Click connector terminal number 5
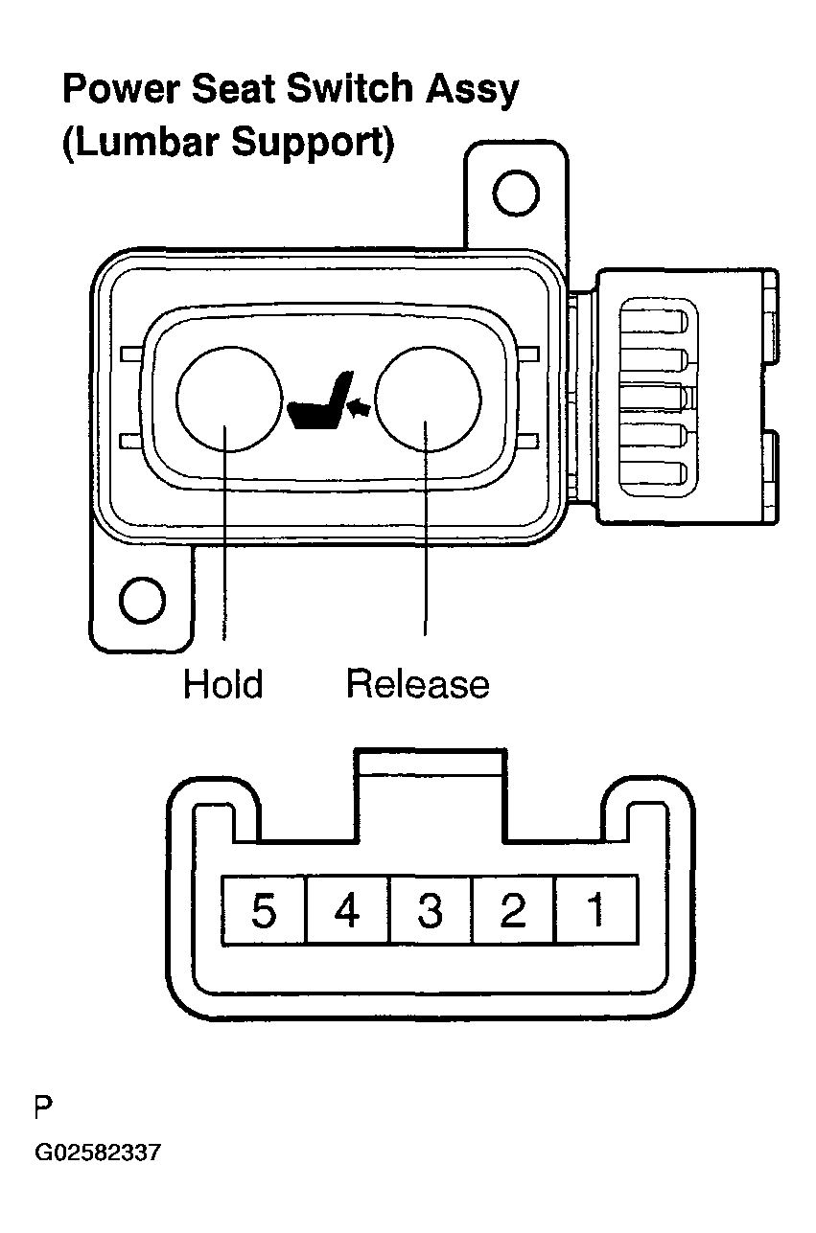264,910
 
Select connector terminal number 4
348,910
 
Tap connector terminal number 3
431,910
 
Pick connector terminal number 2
514,910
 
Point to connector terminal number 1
596,910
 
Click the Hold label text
223,684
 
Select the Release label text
418,684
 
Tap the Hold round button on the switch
229,400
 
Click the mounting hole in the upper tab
516,194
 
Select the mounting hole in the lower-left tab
142,600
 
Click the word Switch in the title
350,88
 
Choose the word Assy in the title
472,91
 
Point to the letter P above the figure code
43,1107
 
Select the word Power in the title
122,88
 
